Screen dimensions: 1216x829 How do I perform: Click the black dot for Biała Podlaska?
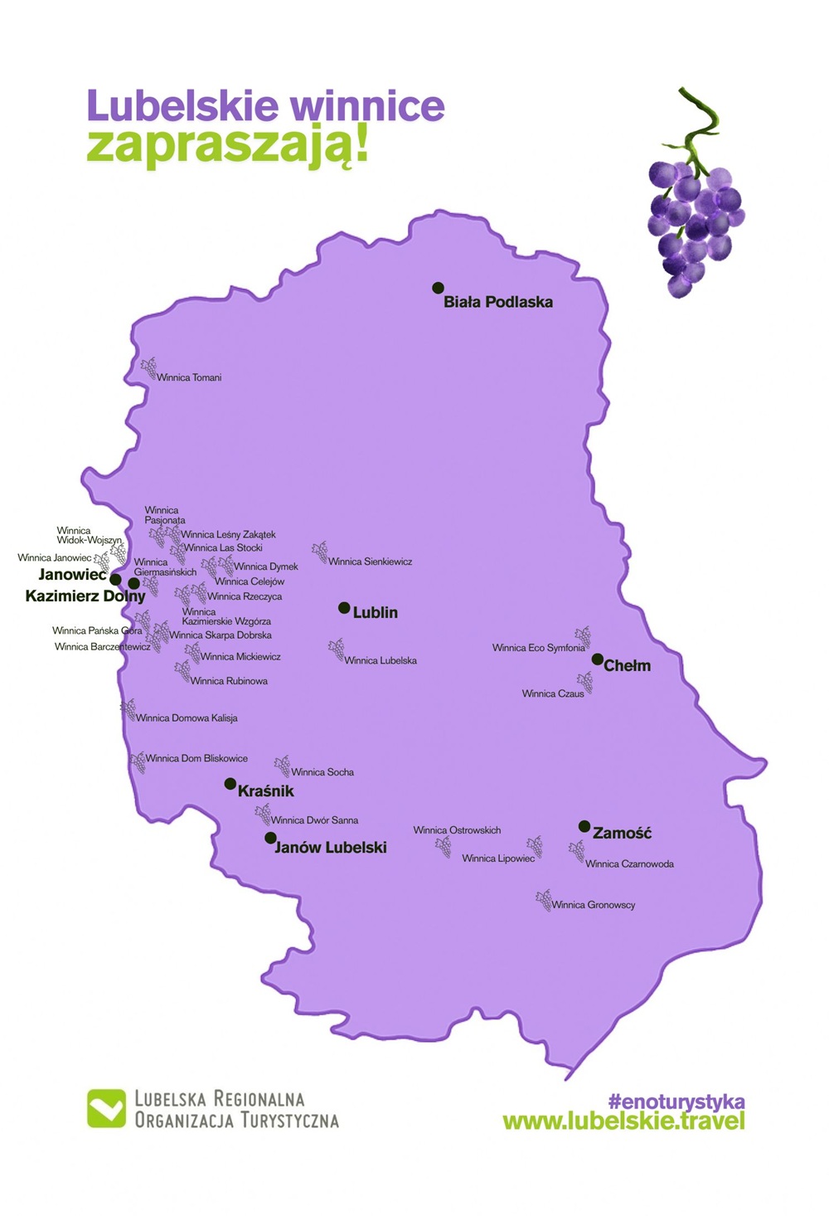[x=438, y=288]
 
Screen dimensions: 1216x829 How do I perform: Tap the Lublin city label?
[x=375, y=613]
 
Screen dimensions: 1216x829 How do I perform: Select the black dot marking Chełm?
[x=597, y=659]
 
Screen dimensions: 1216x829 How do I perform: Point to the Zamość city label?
[x=622, y=833]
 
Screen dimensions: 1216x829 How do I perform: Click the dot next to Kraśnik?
[x=230, y=783]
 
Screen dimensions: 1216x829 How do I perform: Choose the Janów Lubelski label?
[x=331, y=848]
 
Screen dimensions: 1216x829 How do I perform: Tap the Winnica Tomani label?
[x=189, y=377]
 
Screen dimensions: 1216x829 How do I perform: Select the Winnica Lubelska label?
[x=381, y=661]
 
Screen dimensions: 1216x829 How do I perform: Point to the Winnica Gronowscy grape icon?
[x=544, y=899]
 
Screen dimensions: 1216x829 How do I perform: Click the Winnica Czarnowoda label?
[x=629, y=864]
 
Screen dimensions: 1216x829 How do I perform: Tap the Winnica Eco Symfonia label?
[x=538, y=649]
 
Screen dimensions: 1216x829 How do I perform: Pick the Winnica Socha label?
[x=322, y=772]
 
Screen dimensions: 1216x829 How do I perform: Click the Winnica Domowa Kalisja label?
[x=187, y=718]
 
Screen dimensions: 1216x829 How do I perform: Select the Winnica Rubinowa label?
[x=229, y=681]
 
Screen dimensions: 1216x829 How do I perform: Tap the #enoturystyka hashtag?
[x=676, y=1102]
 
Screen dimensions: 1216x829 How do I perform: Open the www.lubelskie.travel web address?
[x=623, y=1121]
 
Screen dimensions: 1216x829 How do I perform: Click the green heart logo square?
[x=106, y=1108]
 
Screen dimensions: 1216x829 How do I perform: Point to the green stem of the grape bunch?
[x=700, y=124]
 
